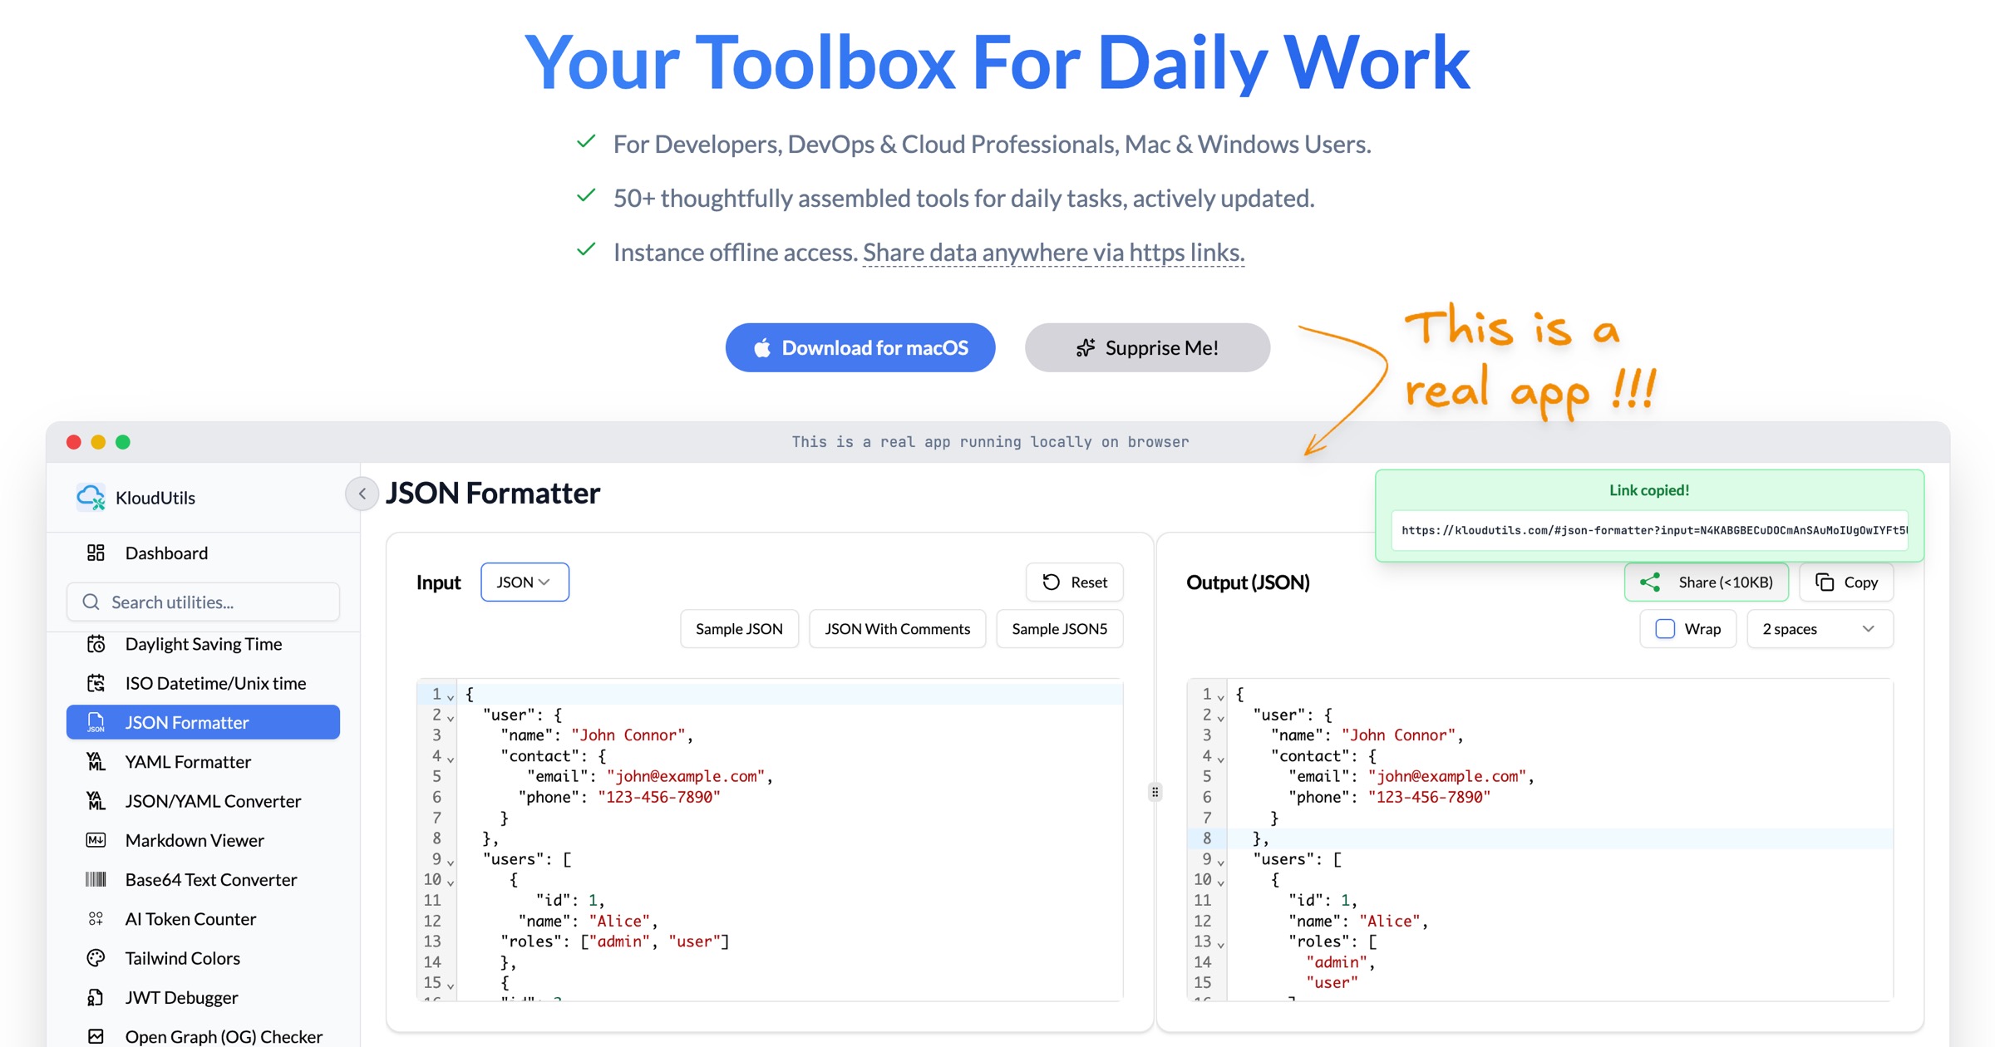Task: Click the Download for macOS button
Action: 860,347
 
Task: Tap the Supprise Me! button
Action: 1147,347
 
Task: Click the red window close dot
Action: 74,442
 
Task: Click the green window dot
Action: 123,442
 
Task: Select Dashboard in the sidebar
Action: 166,553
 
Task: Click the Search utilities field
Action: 203,602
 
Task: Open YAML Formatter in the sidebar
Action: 188,762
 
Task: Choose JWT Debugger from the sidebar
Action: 181,997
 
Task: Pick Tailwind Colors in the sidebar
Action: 182,958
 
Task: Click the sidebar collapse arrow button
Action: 362,494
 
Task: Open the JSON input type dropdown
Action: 525,582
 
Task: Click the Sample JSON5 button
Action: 1059,629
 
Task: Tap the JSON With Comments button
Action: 897,629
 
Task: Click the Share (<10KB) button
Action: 1707,582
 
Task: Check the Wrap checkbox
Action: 1665,629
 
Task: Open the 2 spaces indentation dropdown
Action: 1820,629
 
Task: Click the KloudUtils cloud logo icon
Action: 91,497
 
